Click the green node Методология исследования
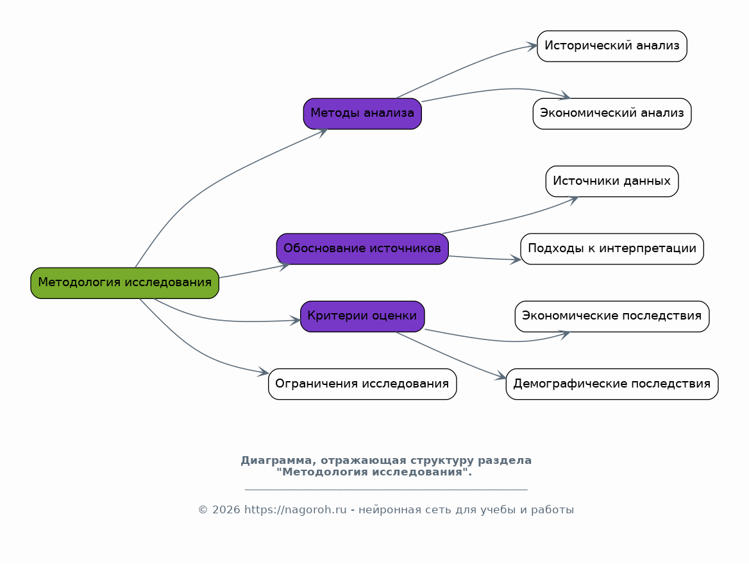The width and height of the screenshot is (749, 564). [124, 283]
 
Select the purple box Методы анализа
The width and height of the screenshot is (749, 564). [362, 114]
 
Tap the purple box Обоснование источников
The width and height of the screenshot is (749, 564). [362, 249]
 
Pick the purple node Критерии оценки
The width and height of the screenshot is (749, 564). [362, 316]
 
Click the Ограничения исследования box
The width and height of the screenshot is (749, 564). [362, 384]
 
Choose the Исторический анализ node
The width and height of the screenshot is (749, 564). [612, 46]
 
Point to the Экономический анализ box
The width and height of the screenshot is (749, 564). [612, 114]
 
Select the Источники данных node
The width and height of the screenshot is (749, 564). [612, 181]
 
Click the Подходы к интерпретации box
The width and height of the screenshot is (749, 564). [612, 249]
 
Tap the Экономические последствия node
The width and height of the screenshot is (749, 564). [612, 316]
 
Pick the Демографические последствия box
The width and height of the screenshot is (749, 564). [612, 384]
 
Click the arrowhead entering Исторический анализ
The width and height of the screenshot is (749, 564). [532, 46]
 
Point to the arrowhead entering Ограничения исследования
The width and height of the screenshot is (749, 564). [263, 372]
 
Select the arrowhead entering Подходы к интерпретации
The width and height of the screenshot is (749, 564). [516, 259]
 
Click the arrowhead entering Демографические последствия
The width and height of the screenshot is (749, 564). [501, 376]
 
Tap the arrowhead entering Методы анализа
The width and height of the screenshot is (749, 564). [322, 132]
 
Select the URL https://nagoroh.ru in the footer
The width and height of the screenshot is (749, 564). [295, 509]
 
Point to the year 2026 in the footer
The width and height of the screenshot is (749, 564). [226, 510]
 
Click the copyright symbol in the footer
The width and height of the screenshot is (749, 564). [203, 510]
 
